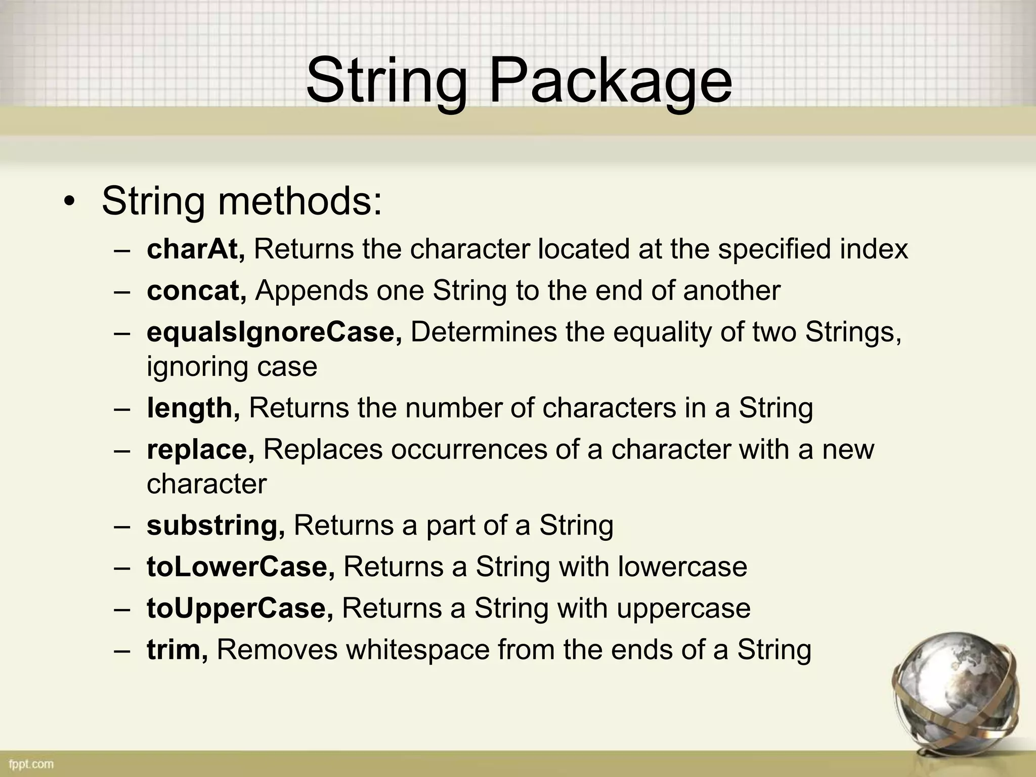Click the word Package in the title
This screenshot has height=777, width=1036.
pyautogui.click(x=610, y=81)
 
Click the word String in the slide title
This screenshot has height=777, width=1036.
pyautogui.click(x=386, y=81)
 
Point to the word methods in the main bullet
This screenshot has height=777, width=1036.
pyautogui.click(x=299, y=201)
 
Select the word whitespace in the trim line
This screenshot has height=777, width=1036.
pyautogui.click(x=418, y=650)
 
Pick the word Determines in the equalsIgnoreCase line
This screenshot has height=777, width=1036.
pyautogui.click(x=484, y=332)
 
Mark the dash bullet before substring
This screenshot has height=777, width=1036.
pyautogui.click(x=122, y=526)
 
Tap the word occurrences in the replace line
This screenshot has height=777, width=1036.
pyautogui.click(x=469, y=449)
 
